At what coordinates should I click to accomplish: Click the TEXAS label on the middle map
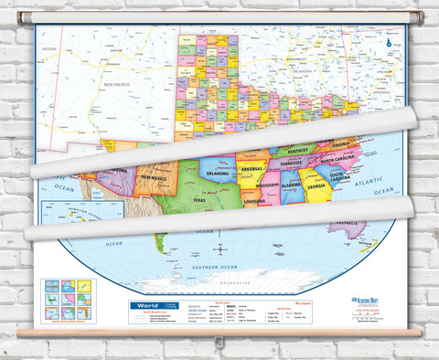(x=199, y=195)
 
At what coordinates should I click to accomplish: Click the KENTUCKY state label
(x=298, y=150)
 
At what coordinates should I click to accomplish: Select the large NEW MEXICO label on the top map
(x=120, y=85)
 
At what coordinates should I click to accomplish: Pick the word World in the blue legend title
(x=141, y=308)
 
